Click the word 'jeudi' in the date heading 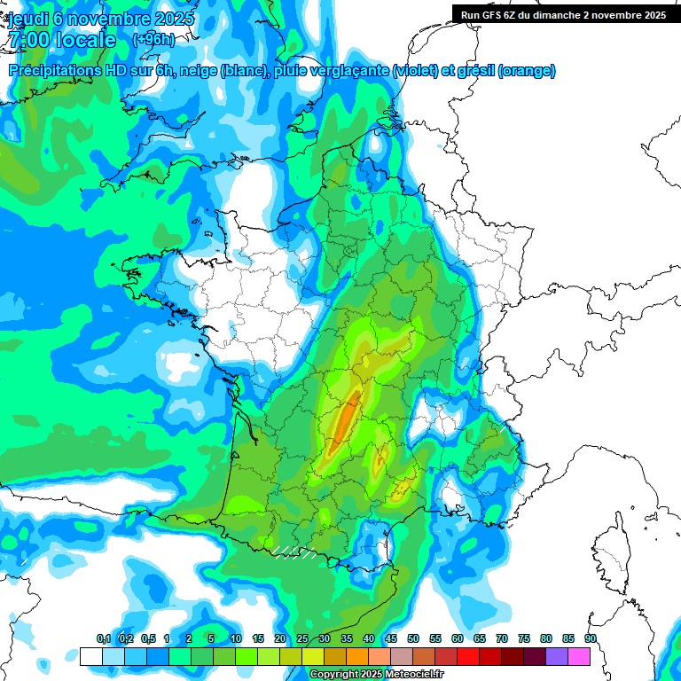pos(29,18)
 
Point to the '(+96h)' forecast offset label pos(153,40)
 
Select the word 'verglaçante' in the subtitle pos(351,71)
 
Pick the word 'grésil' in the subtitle pos(474,71)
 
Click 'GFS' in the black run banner pos(497,14)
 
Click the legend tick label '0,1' pos(103,638)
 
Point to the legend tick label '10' pos(236,638)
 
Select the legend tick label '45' pos(391,638)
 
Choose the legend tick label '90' pos(591,638)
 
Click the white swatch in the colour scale pos(90,656)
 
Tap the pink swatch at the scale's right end pos(579,656)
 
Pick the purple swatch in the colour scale pos(557,656)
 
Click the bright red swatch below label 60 pos(468,656)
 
